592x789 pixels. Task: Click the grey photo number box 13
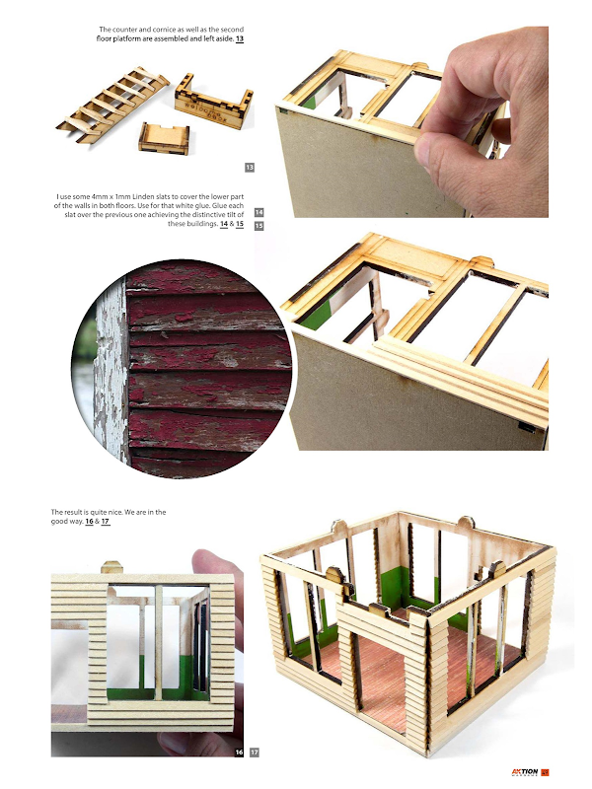click(x=250, y=167)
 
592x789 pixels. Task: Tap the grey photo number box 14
click(x=259, y=212)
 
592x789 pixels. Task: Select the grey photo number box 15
click(x=259, y=226)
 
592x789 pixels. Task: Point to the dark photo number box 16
click(x=239, y=753)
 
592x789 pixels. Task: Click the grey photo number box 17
click(x=255, y=753)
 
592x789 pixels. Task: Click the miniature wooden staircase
click(x=112, y=105)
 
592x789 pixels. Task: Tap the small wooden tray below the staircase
click(x=164, y=137)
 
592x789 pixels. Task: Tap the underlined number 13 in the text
click(x=240, y=38)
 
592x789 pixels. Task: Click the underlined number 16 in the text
click(x=89, y=522)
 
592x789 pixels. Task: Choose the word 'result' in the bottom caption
click(x=73, y=512)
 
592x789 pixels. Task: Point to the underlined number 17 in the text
click(x=106, y=522)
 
